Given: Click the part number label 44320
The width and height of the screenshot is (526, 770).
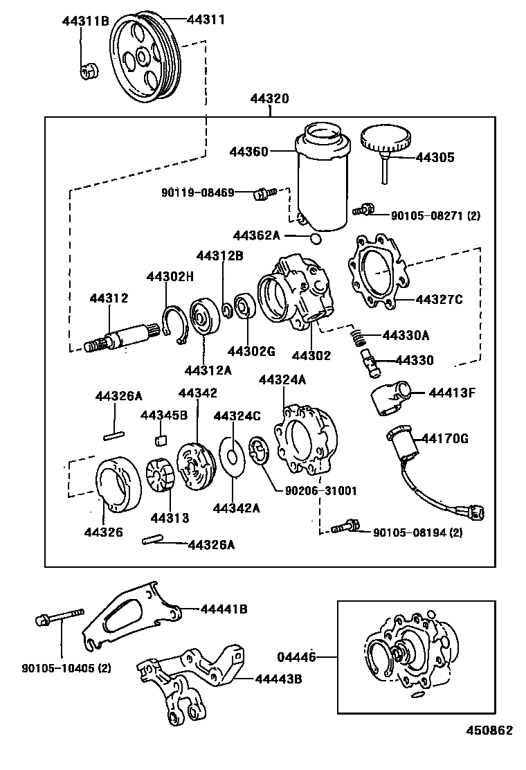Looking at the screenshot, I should [269, 100].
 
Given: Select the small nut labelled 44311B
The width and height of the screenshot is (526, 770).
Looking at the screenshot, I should [89, 70].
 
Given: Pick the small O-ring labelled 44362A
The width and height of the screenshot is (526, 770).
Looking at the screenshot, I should [316, 239].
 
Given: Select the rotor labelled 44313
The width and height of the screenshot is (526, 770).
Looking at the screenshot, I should [164, 477].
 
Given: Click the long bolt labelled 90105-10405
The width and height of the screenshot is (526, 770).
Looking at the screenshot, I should [60, 616].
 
